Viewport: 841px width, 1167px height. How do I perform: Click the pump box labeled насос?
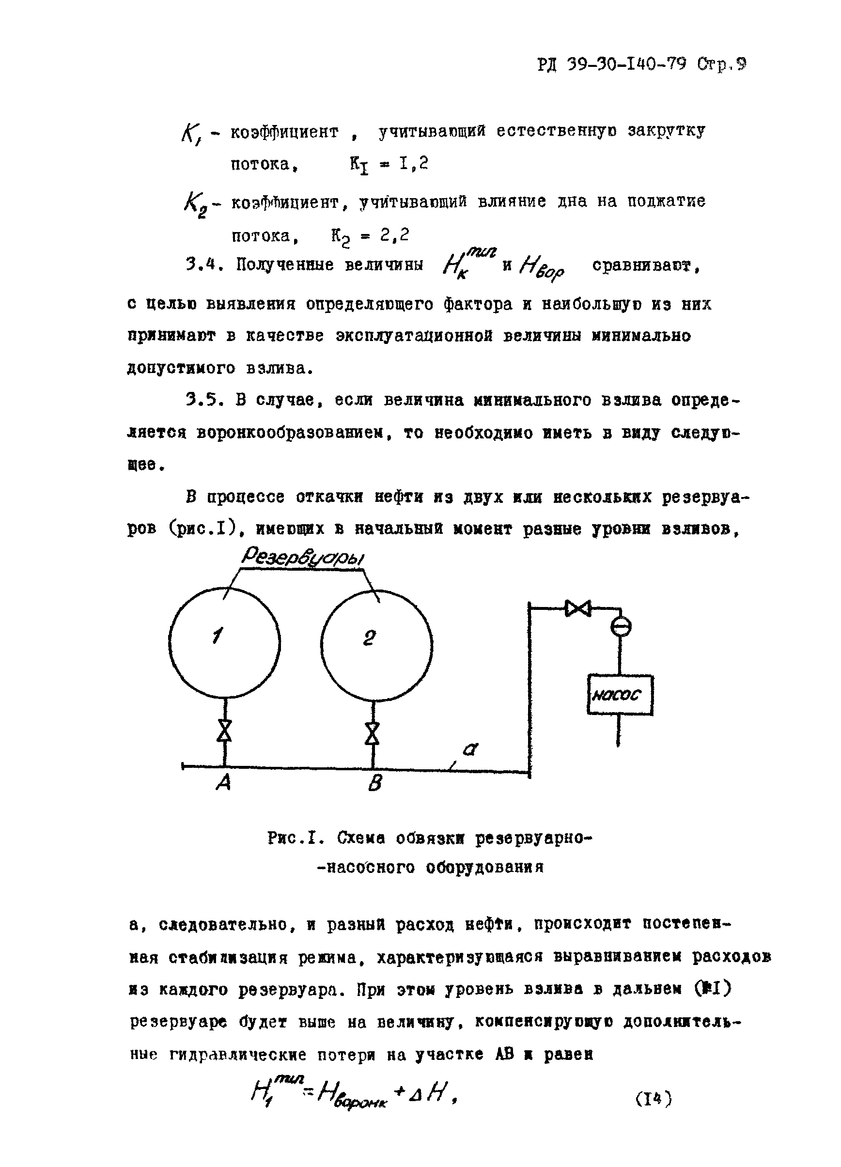pos(620,695)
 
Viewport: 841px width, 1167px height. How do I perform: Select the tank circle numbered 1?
pos(224,643)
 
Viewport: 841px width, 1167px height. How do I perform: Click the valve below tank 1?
pos(224,730)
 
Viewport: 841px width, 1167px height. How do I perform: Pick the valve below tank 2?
pos(372,733)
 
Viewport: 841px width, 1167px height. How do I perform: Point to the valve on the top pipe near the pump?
pos(577,609)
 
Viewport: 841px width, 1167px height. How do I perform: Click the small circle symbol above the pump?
pos(621,627)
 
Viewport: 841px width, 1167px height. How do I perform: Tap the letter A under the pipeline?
pos(223,784)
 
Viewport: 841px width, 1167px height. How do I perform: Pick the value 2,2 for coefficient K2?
pos(395,235)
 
